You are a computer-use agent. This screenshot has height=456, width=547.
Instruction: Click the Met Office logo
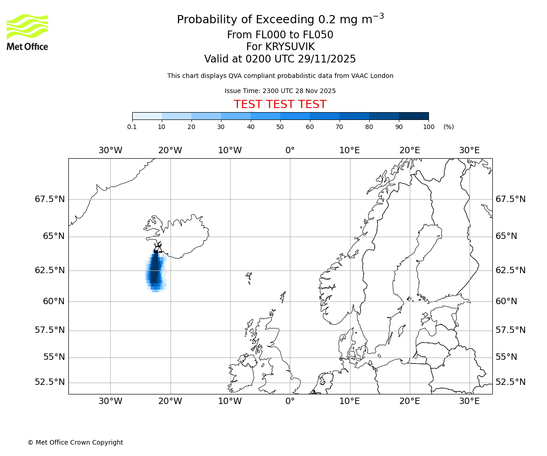tap(27, 32)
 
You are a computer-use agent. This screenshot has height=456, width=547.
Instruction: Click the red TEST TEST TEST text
tap(280, 104)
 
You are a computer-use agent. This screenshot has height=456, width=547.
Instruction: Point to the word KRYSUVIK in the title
tap(280, 47)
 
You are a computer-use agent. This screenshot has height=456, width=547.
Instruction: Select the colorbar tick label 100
tap(428, 127)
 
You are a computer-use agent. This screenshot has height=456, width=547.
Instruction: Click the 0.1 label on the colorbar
tap(132, 127)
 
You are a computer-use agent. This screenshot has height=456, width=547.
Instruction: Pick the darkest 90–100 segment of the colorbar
tap(413, 116)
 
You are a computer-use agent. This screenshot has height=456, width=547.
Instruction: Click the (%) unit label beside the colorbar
tap(449, 127)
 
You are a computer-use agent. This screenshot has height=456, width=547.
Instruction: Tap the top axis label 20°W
tap(170, 150)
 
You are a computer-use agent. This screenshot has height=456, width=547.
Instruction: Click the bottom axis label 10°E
tap(350, 401)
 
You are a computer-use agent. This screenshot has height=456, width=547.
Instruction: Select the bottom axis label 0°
tap(290, 401)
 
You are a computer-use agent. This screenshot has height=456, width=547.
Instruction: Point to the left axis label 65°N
tap(54, 236)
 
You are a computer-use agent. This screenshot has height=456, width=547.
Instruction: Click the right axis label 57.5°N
tap(511, 330)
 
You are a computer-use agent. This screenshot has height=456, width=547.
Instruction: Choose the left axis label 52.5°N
tap(50, 382)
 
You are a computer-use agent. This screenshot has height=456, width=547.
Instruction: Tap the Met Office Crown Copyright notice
tap(75, 442)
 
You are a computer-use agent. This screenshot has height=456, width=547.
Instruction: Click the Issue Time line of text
tap(280, 91)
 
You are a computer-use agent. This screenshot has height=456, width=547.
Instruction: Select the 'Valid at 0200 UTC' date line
tap(280, 59)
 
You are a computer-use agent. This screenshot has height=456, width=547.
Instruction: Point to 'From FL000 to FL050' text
tap(280, 35)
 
